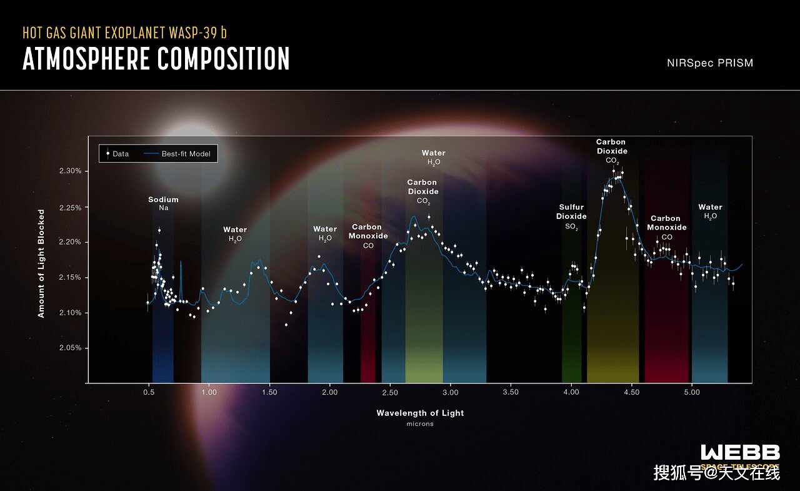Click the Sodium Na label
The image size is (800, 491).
[163, 203]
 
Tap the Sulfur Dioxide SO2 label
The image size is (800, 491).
[571, 216]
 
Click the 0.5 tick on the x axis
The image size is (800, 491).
[149, 392]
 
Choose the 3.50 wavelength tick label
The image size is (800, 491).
[511, 392]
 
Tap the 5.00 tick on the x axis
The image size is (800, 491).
[691, 392]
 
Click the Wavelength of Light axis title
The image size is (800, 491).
[420, 413]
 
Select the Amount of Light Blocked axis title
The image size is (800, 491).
[41, 263]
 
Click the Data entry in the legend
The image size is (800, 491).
[117, 153]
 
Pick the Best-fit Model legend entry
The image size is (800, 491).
[180, 153]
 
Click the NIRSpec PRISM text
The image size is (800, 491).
[709, 63]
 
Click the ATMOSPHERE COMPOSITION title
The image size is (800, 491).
[156, 59]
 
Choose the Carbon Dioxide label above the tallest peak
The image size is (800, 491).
[612, 151]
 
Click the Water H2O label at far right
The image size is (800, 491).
[710, 211]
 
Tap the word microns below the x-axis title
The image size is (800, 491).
[420, 424]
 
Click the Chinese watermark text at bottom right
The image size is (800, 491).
[717, 473]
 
